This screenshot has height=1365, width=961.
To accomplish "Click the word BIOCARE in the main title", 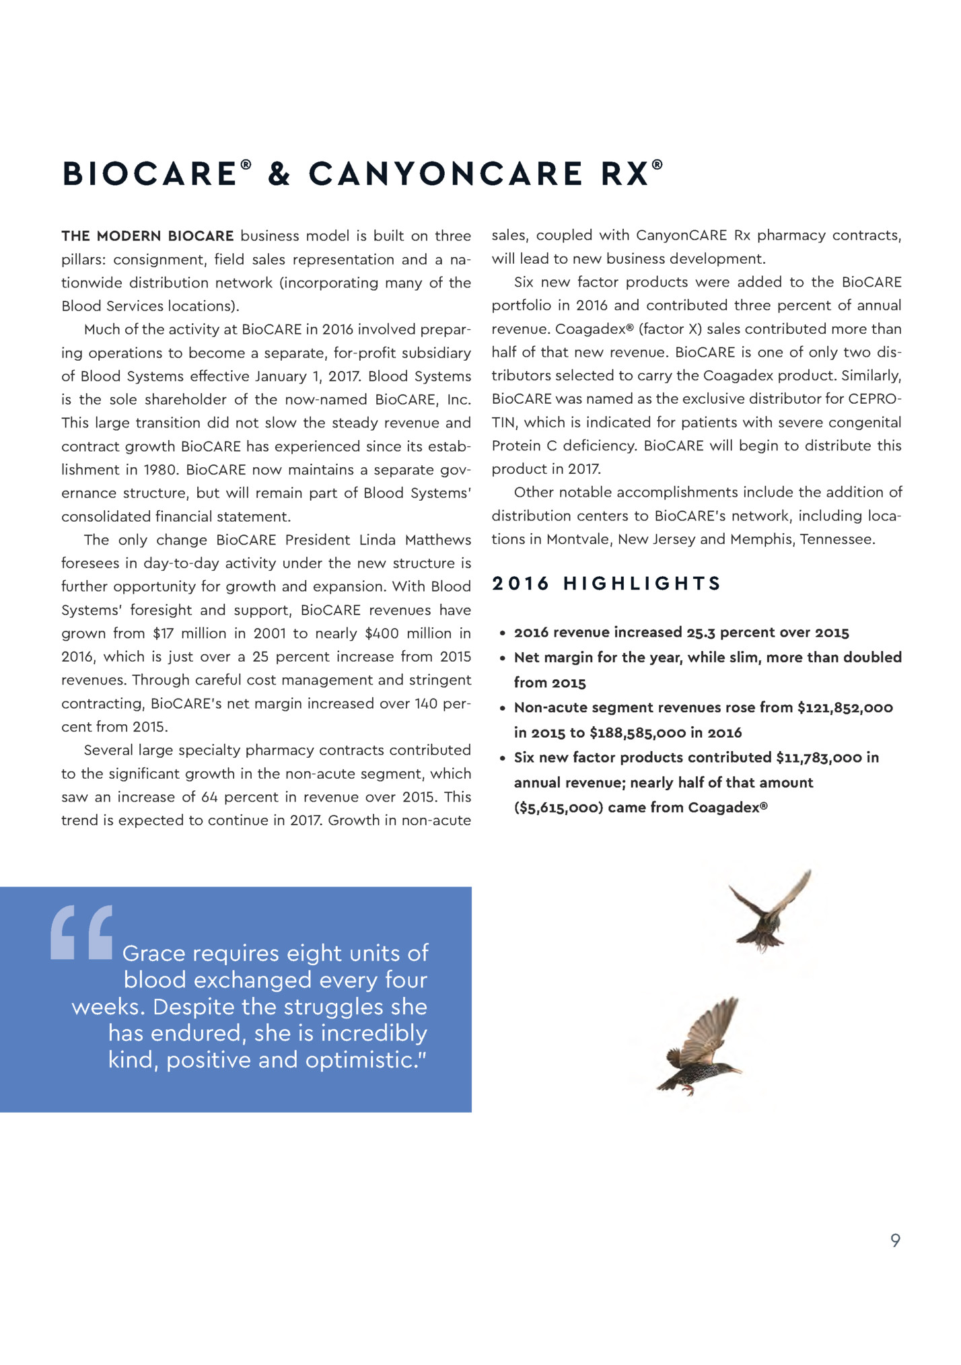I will tap(148, 174).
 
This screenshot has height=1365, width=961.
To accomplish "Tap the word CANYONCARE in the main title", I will tap(445, 174).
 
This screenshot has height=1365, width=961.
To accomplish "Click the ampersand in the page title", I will tap(279, 174).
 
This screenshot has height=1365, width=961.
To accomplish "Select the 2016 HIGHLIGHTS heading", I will tap(606, 583).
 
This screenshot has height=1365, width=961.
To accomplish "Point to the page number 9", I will tap(895, 1240).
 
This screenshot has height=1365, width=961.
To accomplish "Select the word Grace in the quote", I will tap(153, 953).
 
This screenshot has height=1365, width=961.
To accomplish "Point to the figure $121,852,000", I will tap(845, 707).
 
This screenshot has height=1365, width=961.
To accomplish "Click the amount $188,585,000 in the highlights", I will tap(637, 732).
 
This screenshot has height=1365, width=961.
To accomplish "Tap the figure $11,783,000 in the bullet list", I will tap(818, 757).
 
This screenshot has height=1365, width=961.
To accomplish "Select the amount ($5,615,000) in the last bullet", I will tap(558, 807).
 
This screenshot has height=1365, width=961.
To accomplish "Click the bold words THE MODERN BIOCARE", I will tap(147, 236).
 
